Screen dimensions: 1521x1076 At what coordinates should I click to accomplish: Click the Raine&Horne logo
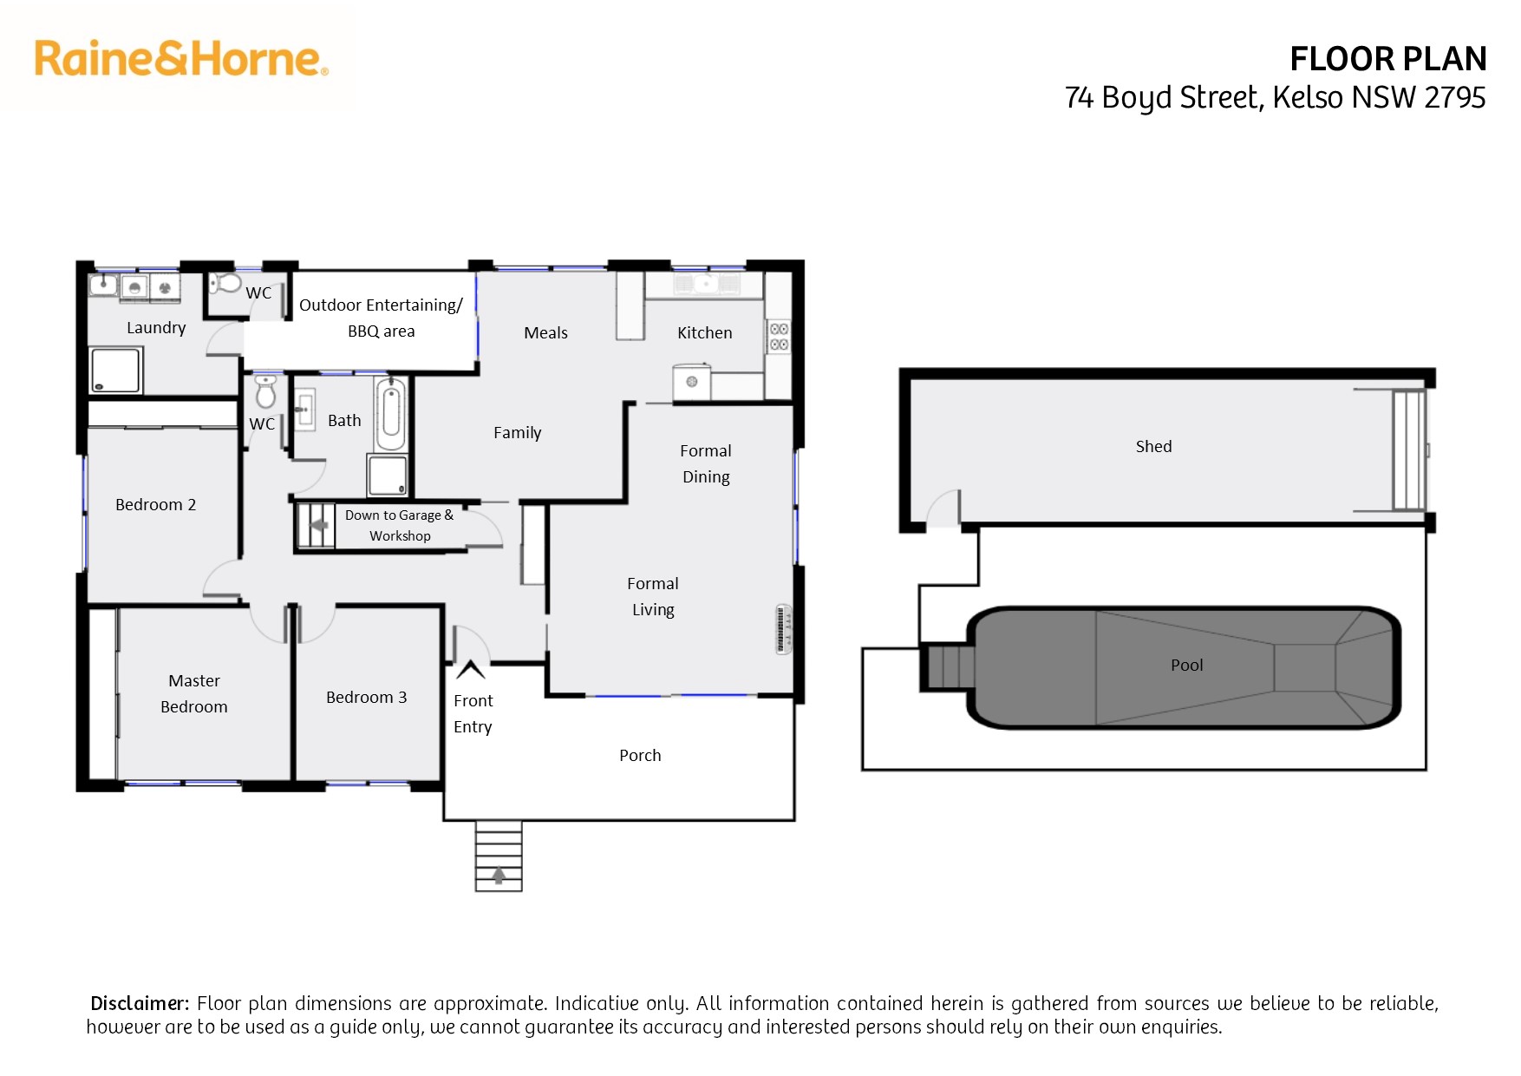pos(181,58)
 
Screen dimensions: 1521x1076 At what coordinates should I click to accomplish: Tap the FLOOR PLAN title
pos(1387,59)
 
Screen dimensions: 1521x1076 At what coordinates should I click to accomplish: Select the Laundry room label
pos(156,327)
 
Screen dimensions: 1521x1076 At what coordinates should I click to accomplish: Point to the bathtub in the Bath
pos(391,414)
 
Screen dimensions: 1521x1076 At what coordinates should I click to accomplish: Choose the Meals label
pos(545,332)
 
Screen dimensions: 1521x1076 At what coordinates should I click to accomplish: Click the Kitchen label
pos(704,332)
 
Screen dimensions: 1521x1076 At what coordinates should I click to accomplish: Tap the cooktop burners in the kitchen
pos(779,337)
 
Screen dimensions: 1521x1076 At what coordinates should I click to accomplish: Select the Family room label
pos(517,432)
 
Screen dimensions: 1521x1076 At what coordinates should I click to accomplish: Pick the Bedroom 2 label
pos(155,504)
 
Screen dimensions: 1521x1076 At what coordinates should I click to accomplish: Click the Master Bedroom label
pos(194,693)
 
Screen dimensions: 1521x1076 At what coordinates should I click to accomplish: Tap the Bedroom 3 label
pos(366,697)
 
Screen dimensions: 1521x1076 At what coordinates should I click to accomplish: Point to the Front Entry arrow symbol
pos(471,669)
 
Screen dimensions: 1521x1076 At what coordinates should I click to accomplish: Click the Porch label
pos(640,755)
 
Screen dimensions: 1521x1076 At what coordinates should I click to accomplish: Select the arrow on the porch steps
pos(499,876)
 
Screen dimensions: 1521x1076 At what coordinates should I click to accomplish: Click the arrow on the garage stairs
pos(318,525)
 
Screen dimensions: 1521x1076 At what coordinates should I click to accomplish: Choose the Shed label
pos(1153,446)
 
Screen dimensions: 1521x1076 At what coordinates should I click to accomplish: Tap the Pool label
pos(1186,665)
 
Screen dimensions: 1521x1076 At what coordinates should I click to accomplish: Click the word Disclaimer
pos(140,1003)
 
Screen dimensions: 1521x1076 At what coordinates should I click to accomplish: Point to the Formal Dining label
pos(706,463)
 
